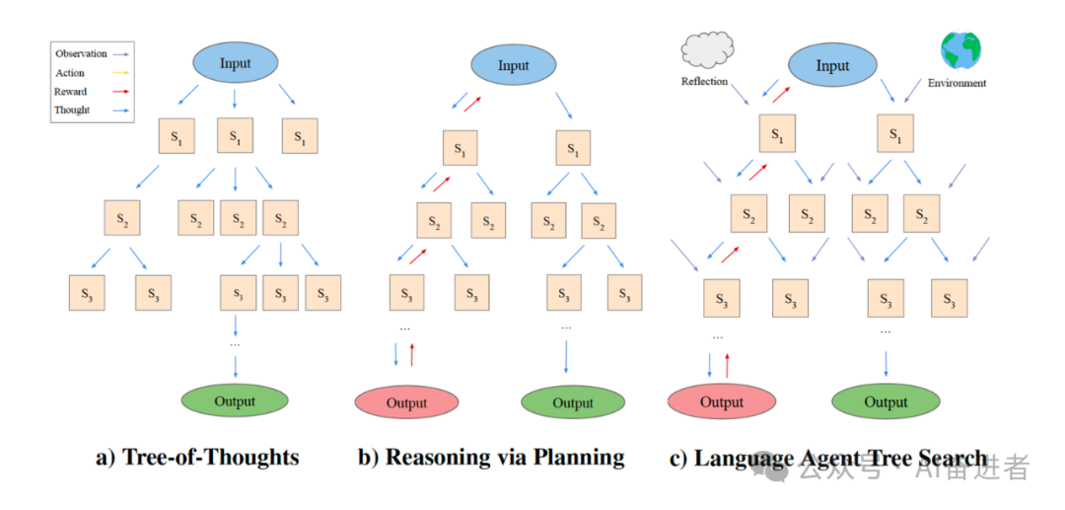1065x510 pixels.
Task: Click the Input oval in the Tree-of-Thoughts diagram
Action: click(235, 64)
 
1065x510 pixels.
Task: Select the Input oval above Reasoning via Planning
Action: click(513, 66)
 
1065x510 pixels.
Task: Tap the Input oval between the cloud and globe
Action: click(831, 66)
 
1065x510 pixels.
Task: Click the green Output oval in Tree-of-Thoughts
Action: click(235, 401)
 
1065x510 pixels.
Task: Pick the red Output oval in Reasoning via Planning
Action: click(406, 402)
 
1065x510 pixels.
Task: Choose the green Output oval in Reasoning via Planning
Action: click(573, 402)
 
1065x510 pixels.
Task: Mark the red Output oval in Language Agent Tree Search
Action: click(721, 401)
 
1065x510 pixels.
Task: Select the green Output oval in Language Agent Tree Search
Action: click(886, 401)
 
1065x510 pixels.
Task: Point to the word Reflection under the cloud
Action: click(704, 82)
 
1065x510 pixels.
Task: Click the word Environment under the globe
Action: click(957, 84)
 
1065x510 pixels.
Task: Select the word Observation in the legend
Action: click(82, 53)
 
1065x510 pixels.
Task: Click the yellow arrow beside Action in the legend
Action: click(123, 73)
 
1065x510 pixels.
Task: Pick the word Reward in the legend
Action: click(71, 92)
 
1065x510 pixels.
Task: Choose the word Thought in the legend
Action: click(73, 110)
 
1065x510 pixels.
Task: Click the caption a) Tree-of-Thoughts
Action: click(197, 458)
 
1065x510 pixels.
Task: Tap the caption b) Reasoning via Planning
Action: click(491, 458)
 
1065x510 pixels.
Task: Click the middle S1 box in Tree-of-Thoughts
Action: click(235, 137)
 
